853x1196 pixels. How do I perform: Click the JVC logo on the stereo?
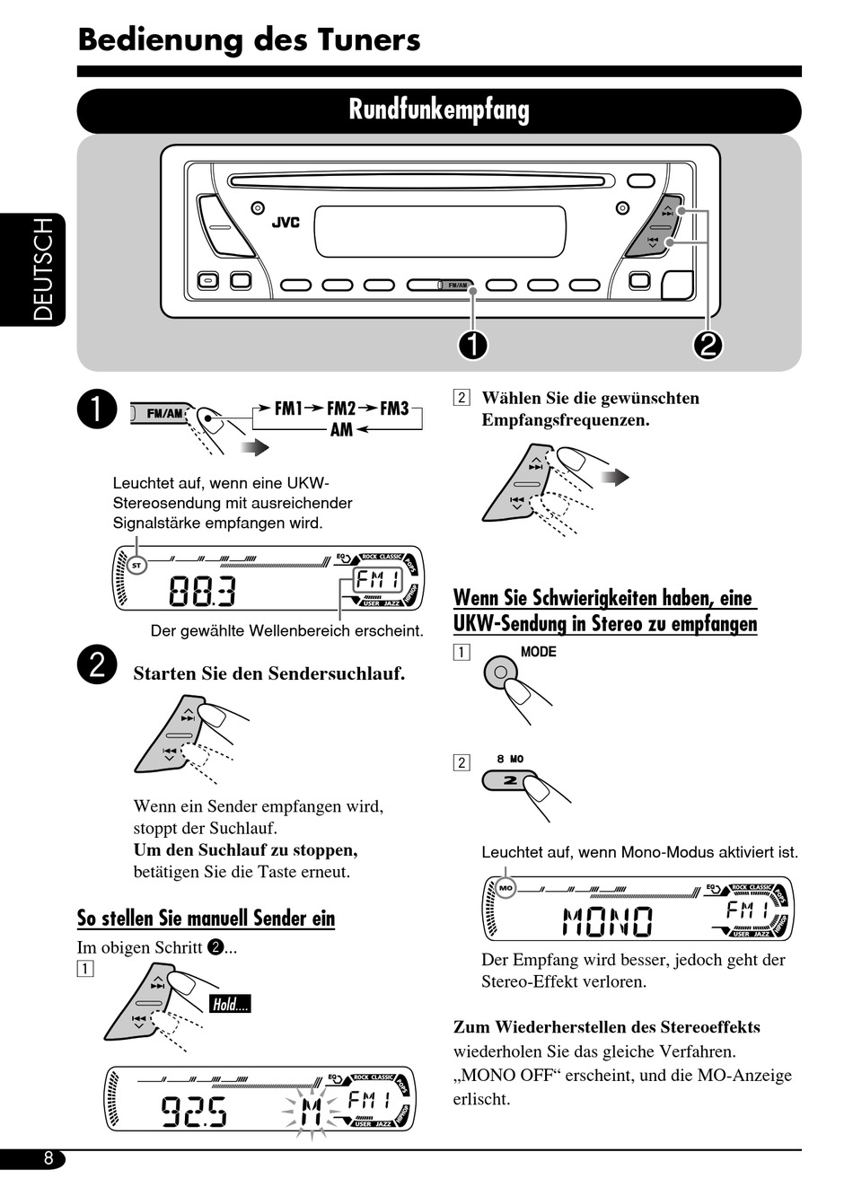point(286,223)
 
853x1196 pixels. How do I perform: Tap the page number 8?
point(48,1159)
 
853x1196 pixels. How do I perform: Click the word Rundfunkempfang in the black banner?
point(439,110)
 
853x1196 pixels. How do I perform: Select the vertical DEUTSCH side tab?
point(43,269)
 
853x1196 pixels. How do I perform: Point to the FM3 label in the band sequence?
point(394,409)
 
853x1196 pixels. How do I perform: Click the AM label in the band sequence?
point(341,430)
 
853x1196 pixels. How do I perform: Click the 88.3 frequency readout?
point(203,592)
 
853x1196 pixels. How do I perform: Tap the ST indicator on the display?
point(136,566)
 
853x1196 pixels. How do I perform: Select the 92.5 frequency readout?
point(194,1112)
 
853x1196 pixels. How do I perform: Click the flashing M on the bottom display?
point(310,1113)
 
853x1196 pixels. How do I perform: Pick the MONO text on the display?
point(608,920)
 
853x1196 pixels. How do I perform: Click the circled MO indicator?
point(506,888)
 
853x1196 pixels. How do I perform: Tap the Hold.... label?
point(230,1005)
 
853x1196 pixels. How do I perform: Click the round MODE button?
point(501,672)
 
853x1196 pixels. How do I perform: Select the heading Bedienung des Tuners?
point(249,40)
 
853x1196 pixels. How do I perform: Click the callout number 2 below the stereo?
point(708,345)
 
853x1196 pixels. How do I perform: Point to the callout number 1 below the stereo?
point(473,345)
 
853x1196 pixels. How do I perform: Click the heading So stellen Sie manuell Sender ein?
point(206,919)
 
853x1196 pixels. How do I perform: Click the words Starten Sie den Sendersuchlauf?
point(269,673)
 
